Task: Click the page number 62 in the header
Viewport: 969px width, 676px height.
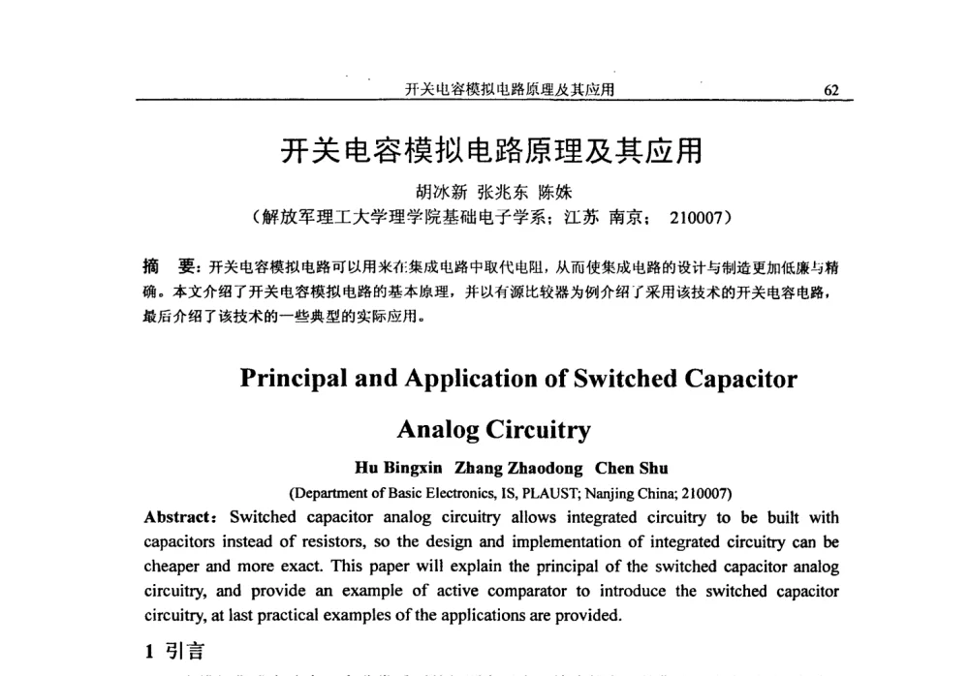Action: (830, 90)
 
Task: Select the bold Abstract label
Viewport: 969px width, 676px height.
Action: (179, 516)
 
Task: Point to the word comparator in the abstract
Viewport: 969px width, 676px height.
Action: (532, 591)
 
